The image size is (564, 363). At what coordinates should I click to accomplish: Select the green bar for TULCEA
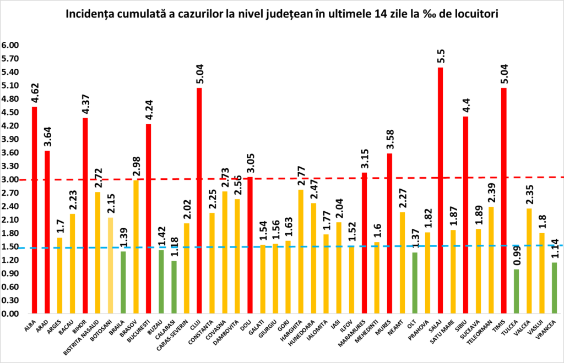point(516,291)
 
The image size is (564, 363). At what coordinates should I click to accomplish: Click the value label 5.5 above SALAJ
point(441,57)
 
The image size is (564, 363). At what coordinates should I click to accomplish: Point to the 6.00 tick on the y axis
point(10,45)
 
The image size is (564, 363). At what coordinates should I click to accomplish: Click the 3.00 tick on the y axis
point(10,179)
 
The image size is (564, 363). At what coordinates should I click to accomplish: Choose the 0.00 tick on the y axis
point(10,314)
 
